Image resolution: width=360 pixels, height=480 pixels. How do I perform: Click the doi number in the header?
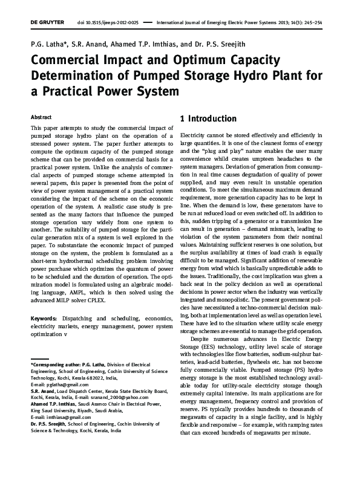pyautogui.click(x=109, y=21)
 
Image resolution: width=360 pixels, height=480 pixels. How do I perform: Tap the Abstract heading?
pyautogui.click(x=41, y=116)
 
